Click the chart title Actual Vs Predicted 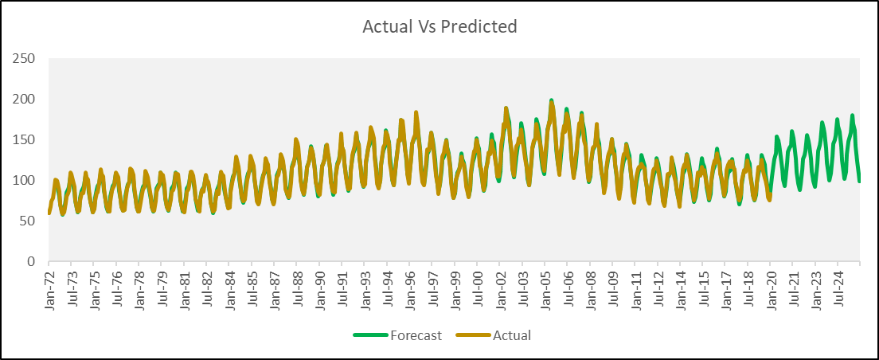[x=439, y=26]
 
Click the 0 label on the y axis [x=31, y=261]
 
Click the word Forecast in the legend [x=416, y=335]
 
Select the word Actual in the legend [x=511, y=335]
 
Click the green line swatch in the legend [x=369, y=335]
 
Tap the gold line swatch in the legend [x=473, y=335]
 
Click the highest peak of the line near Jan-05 [x=551, y=101]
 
